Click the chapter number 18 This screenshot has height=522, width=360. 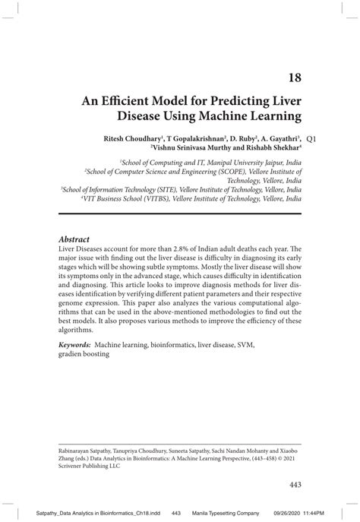click(x=293, y=76)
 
